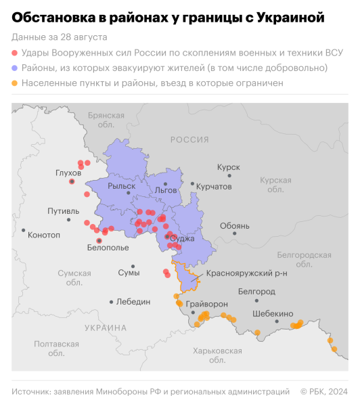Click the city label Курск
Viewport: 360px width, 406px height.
coord(228,166)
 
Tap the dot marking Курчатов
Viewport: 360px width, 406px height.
coord(192,184)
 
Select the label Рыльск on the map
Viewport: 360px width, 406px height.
coord(131,185)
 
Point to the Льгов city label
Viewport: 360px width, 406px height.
coord(166,191)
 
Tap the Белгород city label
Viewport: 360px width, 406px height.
coord(256,291)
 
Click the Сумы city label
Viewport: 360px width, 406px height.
coord(129,273)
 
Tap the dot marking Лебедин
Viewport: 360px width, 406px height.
coord(111,302)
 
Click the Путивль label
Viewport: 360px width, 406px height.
coord(63,211)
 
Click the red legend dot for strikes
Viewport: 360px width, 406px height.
coord(15,53)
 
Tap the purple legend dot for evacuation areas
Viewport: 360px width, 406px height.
coord(15,68)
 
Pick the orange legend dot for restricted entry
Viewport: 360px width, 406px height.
coord(15,84)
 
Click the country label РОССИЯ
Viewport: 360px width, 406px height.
coord(189,139)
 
